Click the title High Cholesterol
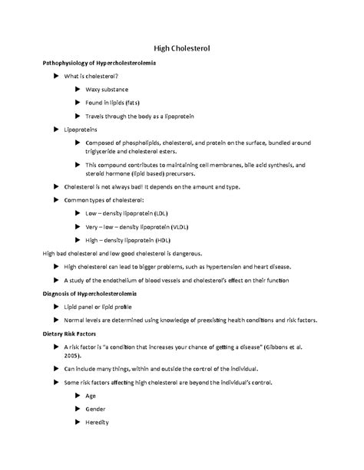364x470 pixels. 181,49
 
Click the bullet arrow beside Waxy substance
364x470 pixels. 77,90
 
